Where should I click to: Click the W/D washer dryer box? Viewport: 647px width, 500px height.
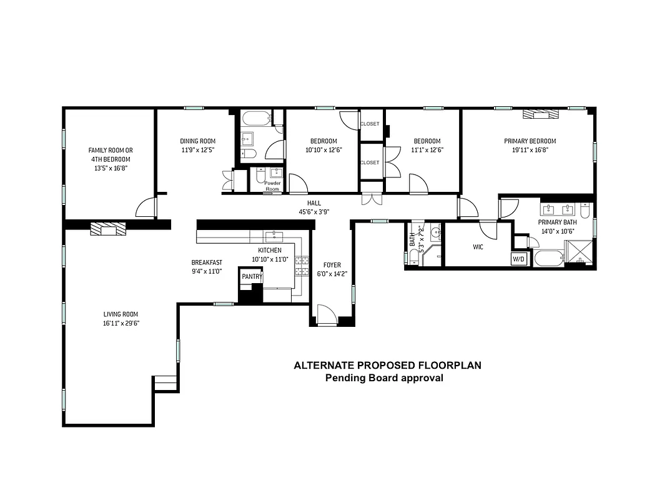(x=519, y=259)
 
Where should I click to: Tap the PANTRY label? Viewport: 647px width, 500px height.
(x=252, y=276)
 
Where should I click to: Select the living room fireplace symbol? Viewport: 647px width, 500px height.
(x=108, y=229)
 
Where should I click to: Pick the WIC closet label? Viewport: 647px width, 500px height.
(x=478, y=247)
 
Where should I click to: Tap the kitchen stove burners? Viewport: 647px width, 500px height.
(x=303, y=266)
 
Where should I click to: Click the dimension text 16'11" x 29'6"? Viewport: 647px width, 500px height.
(x=121, y=323)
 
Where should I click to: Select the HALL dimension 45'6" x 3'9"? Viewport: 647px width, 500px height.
(x=314, y=212)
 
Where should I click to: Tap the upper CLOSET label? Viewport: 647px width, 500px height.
(x=370, y=124)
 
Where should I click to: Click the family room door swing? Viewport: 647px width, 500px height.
(x=146, y=207)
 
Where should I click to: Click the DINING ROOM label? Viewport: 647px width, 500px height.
(x=198, y=141)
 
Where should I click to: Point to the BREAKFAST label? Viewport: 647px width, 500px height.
(x=207, y=262)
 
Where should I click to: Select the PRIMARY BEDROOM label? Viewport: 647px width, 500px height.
(x=530, y=141)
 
